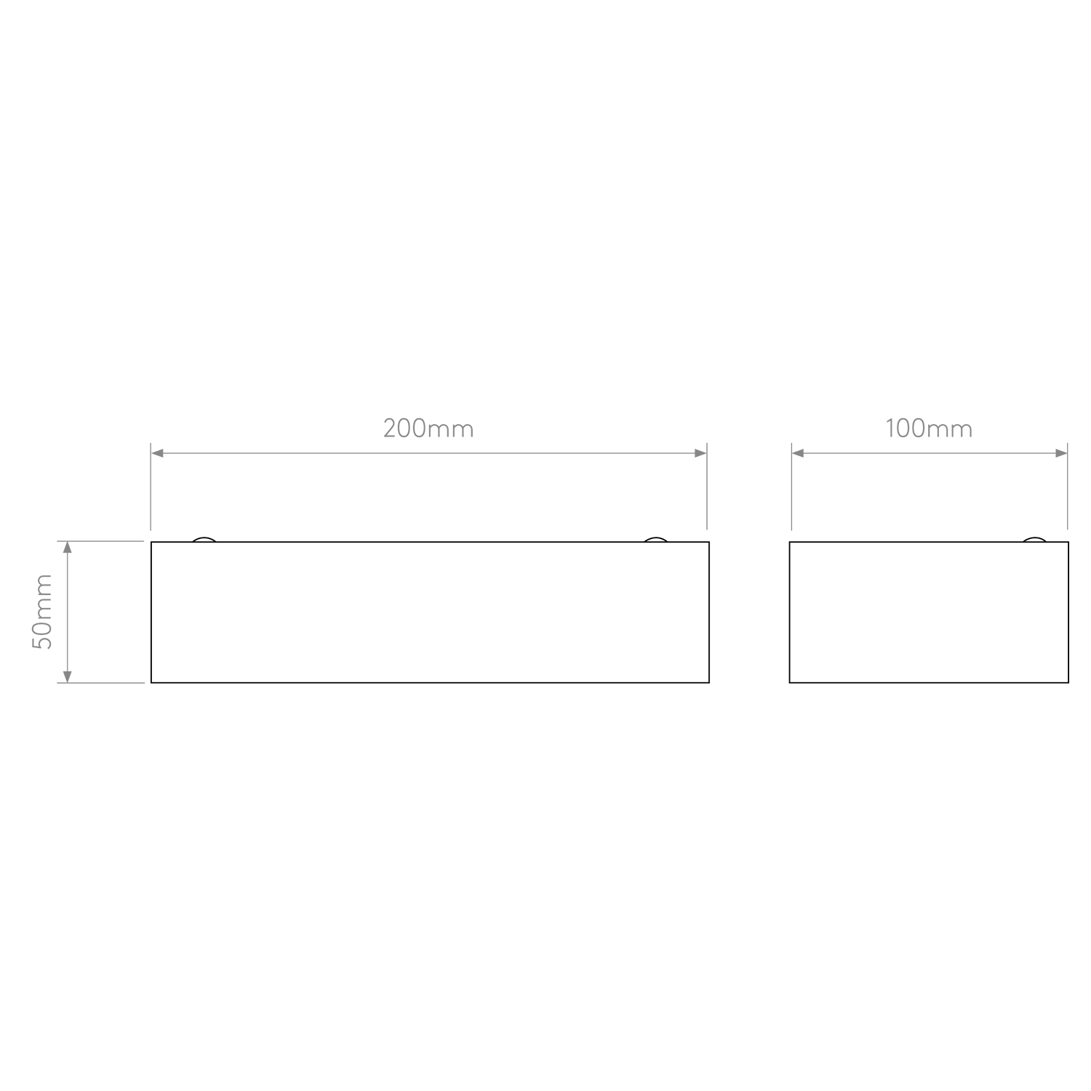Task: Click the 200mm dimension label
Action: (x=428, y=429)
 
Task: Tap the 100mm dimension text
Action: (x=928, y=429)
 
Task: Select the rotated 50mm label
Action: (x=44, y=612)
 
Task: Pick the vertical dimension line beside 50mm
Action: (x=67, y=612)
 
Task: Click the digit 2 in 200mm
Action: (x=389, y=429)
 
